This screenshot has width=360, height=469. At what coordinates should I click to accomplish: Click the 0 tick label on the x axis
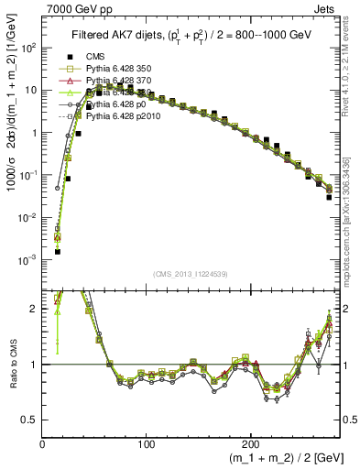(42, 443)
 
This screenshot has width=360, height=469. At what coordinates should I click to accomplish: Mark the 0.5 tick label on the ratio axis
(29, 420)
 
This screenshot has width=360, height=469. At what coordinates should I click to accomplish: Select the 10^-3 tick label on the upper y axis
(29, 259)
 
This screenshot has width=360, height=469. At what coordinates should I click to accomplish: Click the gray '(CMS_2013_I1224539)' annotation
(191, 274)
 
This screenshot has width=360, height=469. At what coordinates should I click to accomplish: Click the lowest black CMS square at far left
(57, 250)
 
